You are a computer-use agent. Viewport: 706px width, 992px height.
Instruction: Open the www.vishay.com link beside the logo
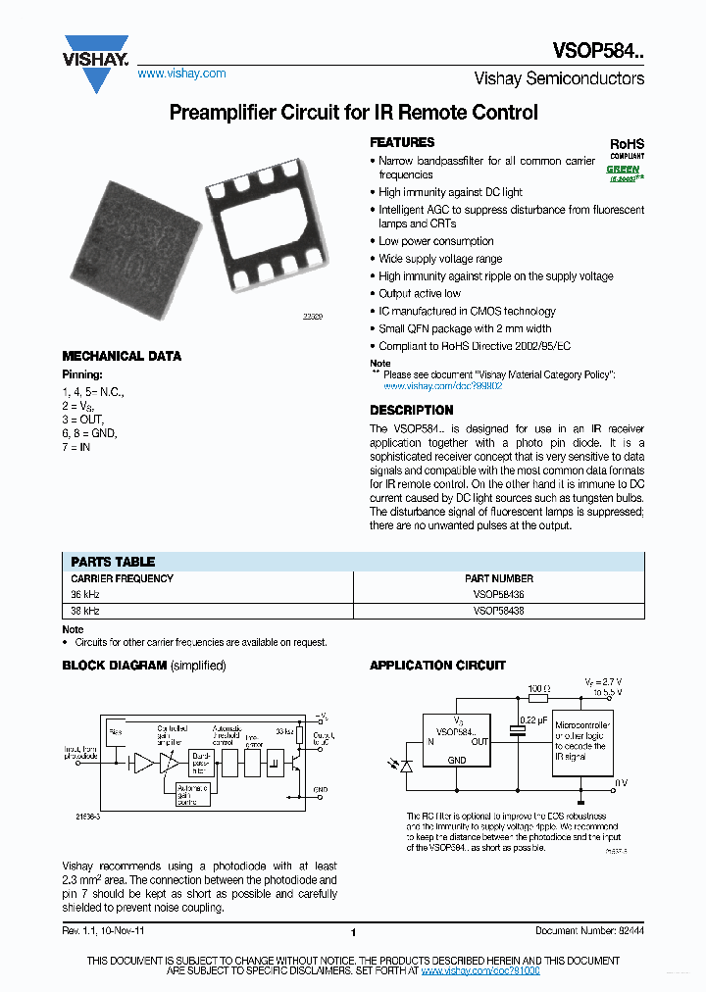(181, 74)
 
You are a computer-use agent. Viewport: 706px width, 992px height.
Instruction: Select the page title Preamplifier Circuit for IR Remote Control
(353, 113)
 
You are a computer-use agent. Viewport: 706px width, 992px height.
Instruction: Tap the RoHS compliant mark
(627, 147)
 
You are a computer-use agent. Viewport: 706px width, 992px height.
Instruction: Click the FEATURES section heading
(402, 142)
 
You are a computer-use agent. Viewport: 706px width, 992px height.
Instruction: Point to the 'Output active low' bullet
(420, 293)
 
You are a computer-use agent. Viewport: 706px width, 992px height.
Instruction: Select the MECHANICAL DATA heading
(122, 356)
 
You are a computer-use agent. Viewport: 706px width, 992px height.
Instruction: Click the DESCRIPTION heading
(411, 410)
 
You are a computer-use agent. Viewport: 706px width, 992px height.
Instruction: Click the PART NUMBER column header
(498, 578)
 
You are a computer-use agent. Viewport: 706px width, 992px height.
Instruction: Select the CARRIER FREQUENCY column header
(122, 578)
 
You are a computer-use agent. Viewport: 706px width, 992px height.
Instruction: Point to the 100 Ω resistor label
(537, 689)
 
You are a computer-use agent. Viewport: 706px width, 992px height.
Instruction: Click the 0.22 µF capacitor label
(534, 720)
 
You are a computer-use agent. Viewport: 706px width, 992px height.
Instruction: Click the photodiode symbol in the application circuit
(407, 766)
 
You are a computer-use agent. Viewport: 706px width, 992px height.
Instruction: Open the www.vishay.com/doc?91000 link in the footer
(480, 969)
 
